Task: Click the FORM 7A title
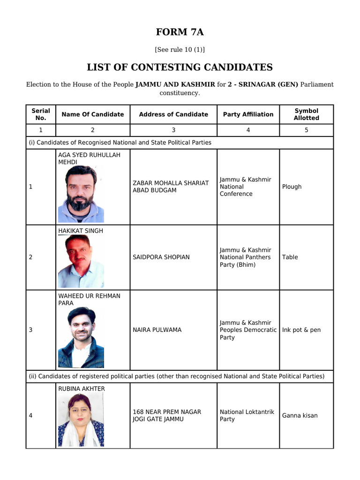[x=180, y=32]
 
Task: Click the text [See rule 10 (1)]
[x=180, y=50]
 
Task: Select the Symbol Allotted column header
[x=306, y=114]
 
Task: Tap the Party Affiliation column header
[x=248, y=114]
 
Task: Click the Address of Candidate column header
[x=173, y=114]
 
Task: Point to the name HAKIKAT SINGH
[x=81, y=231]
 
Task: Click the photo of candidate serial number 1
[x=81, y=194]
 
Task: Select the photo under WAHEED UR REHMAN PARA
[x=81, y=337]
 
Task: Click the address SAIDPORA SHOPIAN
[x=161, y=257]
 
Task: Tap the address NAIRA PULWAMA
[x=157, y=330]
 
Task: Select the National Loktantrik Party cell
[x=247, y=415]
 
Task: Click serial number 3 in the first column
[x=30, y=330]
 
